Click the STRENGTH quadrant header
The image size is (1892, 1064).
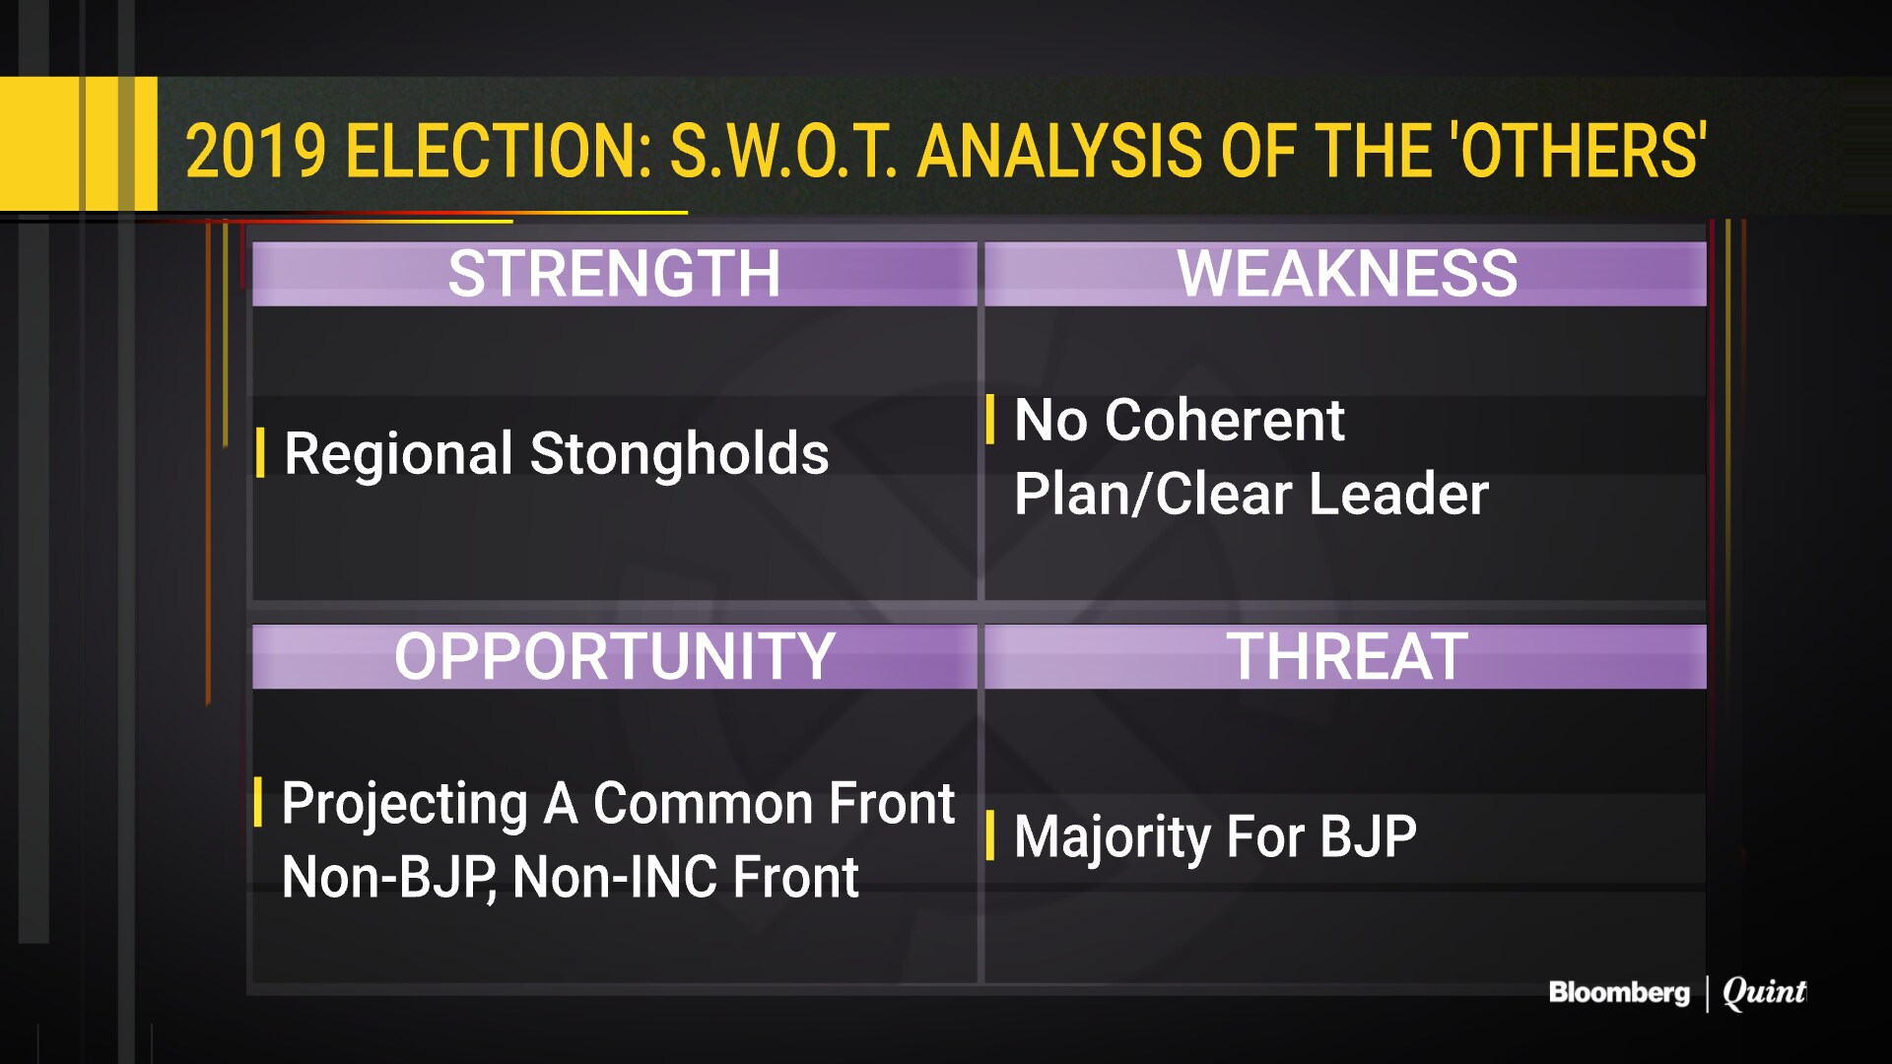[x=614, y=273]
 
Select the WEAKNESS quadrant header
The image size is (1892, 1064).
[x=1347, y=273]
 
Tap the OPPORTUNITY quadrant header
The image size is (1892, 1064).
[x=615, y=656]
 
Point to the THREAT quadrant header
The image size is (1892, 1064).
[x=1347, y=656]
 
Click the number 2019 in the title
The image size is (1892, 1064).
[x=255, y=152]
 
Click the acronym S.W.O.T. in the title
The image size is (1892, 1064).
[x=783, y=152]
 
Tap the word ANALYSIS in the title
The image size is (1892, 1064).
[x=1059, y=152]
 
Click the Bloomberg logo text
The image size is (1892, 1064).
[x=1618, y=992]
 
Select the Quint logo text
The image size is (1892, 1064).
[x=1764, y=992]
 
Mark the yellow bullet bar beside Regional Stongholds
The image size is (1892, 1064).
[x=260, y=452]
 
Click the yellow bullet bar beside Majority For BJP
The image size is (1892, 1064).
[x=990, y=835]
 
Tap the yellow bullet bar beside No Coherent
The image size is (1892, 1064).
[x=990, y=419]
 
